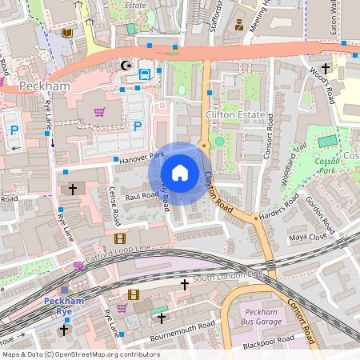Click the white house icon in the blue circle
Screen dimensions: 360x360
180,173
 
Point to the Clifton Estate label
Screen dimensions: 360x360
234,115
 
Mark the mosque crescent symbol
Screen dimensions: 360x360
124,65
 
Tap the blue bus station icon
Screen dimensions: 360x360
145,74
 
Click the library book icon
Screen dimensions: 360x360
67,33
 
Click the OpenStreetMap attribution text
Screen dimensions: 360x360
82,354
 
